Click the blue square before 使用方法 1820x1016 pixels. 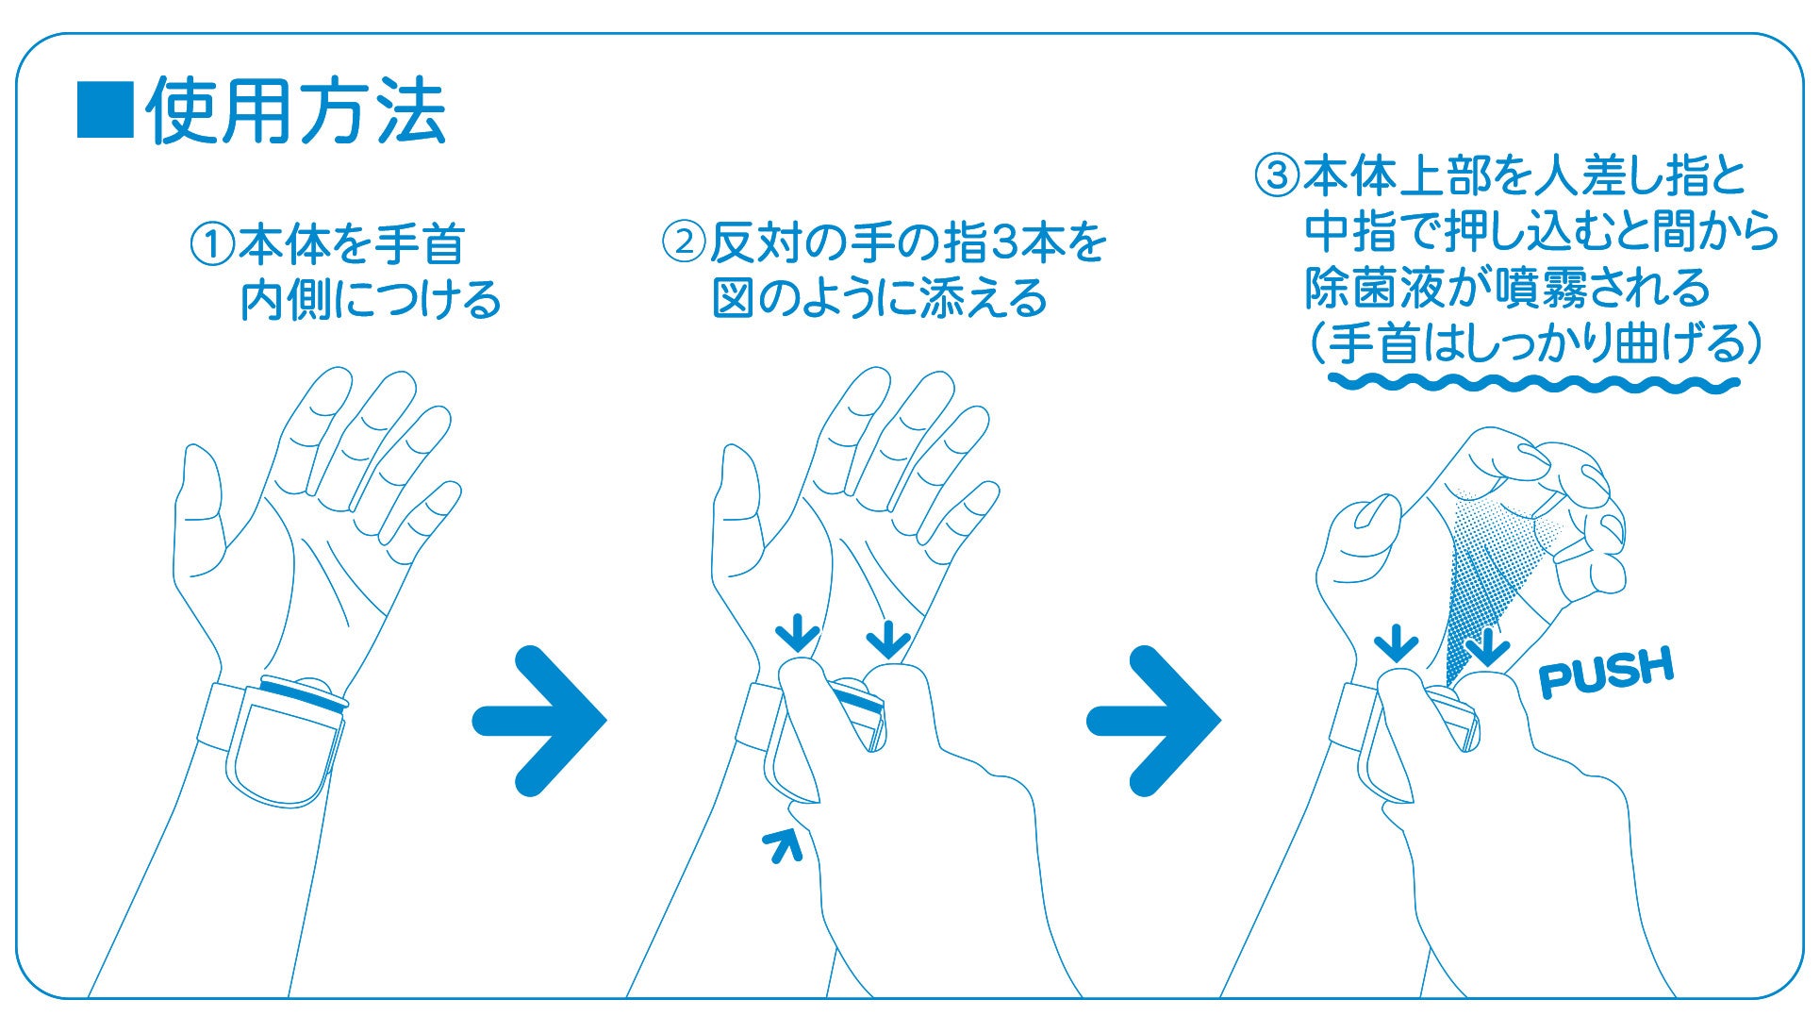click(105, 110)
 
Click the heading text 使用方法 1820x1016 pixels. click(295, 111)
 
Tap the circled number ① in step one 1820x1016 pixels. click(212, 244)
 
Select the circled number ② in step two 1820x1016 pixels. click(684, 243)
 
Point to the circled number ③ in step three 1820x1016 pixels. click(1276, 175)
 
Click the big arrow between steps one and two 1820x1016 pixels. click(539, 721)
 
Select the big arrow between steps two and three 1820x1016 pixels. click(1154, 721)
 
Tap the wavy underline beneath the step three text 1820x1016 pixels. click(1533, 383)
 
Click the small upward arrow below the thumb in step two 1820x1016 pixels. click(783, 844)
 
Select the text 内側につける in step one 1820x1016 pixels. click(371, 300)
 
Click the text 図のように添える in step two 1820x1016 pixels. click(879, 299)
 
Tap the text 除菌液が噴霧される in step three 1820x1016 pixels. click(1507, 288)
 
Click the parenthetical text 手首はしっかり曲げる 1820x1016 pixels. click(1533, 343)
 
